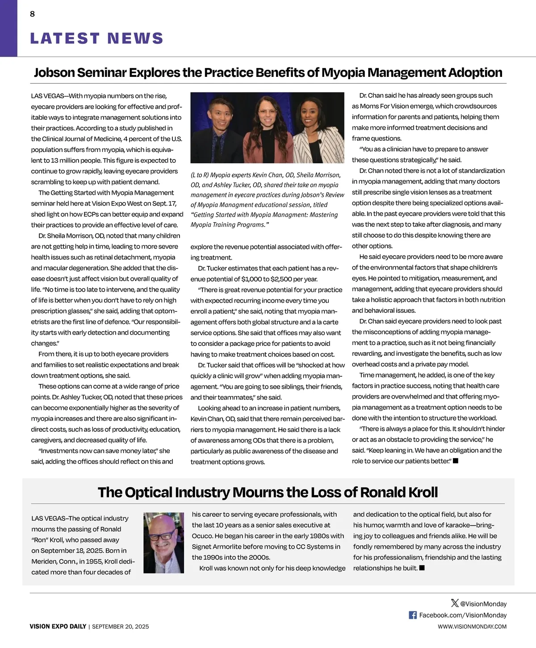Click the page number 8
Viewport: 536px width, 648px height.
pos(32,14)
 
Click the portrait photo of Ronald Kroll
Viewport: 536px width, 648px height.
pos(163,543)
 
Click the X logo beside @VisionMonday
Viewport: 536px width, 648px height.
pos(455,603)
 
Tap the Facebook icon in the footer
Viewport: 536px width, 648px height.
pos(413,615)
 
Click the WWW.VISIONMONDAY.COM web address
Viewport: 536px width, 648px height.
pos(472,627)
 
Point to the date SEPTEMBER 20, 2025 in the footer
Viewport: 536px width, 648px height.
pos(120,627)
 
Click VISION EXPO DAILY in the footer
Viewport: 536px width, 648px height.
pos(58,627)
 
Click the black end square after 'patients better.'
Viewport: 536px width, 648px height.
pos(456,461)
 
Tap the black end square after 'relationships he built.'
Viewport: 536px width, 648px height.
pos(422,568)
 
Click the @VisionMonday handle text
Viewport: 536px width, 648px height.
pos(483,604)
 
